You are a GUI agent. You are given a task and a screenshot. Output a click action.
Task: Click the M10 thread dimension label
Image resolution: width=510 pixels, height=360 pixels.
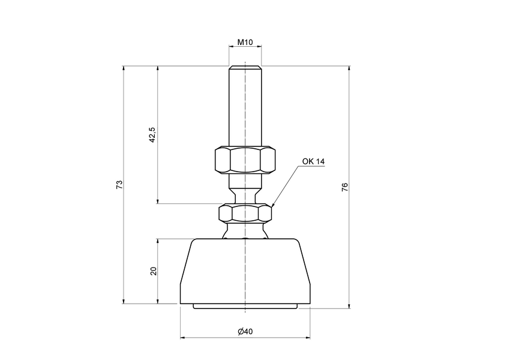tap(245, 43)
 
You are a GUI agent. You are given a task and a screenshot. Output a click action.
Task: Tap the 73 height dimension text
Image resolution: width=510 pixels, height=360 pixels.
tap(119, 184)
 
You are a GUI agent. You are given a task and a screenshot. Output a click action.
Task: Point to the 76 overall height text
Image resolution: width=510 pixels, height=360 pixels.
tap(344, 187)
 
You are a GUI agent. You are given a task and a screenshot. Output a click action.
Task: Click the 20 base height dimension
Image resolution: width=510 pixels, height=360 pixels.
tap(153, 271)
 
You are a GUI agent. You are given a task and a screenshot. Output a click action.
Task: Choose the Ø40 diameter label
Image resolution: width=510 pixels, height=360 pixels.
tap(245, 332)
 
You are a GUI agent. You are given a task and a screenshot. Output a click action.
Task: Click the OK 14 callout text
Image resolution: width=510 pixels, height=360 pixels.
tap(313, 162)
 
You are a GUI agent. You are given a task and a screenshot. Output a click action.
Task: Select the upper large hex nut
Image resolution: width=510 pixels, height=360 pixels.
tap(245, 160)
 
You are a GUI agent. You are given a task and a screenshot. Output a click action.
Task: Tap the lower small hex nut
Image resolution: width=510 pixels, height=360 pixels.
tap(245, 212)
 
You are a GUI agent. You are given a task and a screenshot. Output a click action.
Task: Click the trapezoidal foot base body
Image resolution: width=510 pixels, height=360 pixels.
tap(245, 270)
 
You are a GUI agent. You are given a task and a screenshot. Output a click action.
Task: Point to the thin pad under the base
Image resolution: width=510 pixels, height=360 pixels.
tap(245, 307)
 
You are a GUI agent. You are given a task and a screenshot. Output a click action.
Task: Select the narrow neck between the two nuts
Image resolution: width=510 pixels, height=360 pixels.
tap(245, 193)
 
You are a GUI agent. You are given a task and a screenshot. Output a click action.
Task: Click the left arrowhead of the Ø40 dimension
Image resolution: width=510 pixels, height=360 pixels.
tap(182, 338)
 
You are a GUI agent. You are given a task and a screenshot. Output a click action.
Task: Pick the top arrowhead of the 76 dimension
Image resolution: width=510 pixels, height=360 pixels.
tap(349, 68)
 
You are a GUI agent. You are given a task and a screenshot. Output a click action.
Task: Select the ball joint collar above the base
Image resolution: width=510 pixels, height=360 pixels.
tap(245, 231)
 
